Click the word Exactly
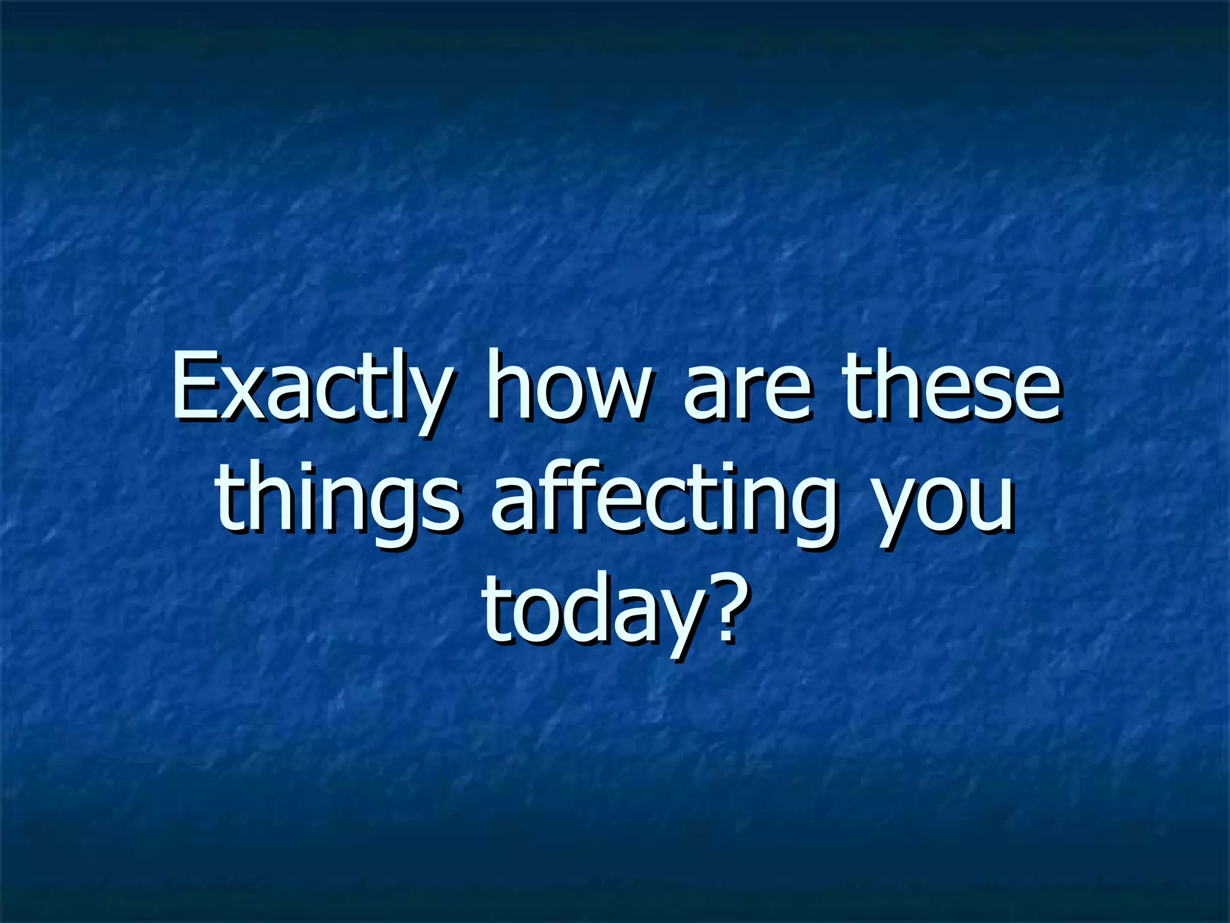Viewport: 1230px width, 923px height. pos(309,388)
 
